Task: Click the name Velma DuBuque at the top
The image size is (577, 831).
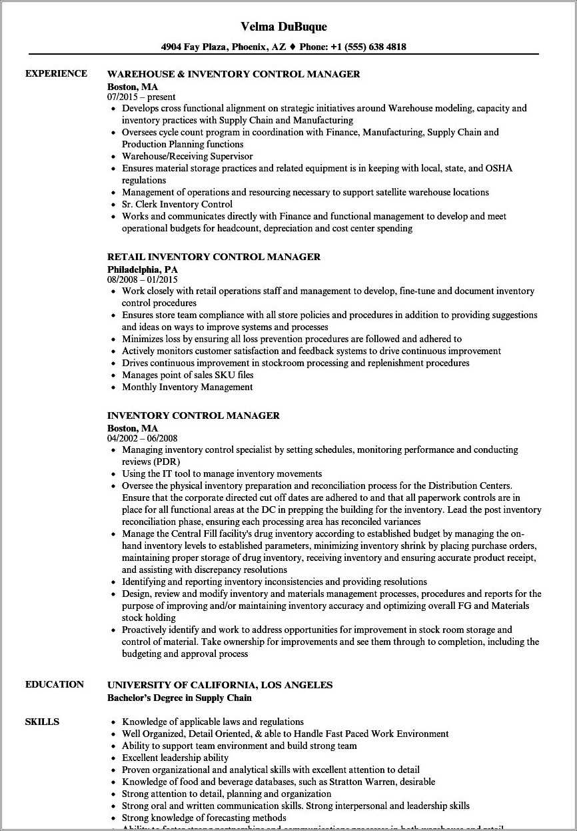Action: click(284, 27)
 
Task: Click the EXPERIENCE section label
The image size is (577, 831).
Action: click(56, 73)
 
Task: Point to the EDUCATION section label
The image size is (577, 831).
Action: click(55, 684)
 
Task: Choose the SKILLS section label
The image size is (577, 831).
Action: click(42, 722)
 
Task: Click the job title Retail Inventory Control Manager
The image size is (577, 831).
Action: click(214, 257)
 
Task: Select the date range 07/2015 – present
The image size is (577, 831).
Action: click(141, 97)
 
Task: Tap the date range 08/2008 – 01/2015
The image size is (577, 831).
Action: click(143, 279)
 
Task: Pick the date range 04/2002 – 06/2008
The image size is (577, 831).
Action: click(143, 438)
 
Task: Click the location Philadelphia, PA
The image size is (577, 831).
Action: click(143, 269)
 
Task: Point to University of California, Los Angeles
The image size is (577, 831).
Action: click(220, 685)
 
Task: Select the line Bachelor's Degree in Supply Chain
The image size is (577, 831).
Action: click(179, 698)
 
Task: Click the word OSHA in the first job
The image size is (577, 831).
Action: click(499, 168)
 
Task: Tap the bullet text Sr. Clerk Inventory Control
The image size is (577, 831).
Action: click(177, 204)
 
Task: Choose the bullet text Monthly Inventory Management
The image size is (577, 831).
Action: click(187, 387)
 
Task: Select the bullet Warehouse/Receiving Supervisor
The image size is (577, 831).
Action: click(187, 156)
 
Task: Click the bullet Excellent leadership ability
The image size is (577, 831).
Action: click(175, 758)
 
